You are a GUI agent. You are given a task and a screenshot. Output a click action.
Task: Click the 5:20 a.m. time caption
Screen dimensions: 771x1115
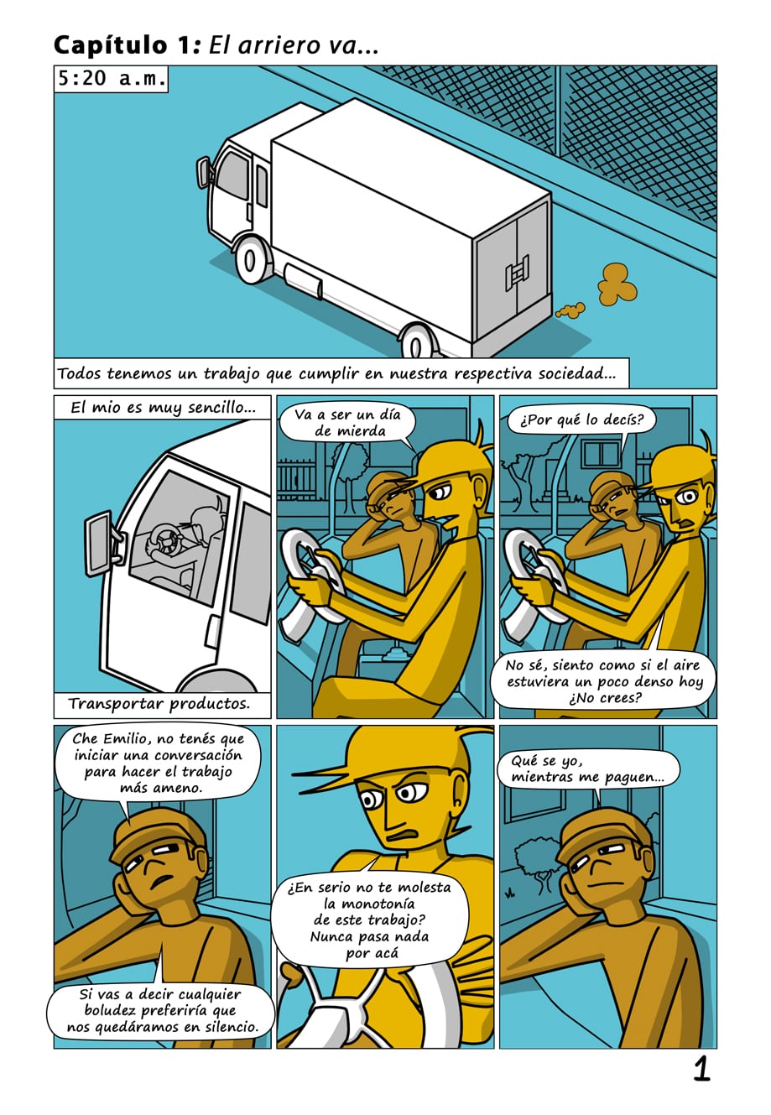(111, 79)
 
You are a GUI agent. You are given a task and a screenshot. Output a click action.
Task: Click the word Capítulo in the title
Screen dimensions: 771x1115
(111, 46)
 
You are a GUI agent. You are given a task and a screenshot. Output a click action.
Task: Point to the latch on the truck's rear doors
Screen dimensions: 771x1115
(518, 273)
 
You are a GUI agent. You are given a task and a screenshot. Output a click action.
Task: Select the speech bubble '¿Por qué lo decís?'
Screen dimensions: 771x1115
(581, 420)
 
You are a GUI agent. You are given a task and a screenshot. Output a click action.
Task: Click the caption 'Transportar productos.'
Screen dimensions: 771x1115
(159, 703)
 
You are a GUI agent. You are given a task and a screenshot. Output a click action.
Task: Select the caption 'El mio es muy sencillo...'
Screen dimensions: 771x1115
(163, 408)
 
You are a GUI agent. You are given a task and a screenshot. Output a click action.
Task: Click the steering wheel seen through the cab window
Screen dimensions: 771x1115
(163, 539)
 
